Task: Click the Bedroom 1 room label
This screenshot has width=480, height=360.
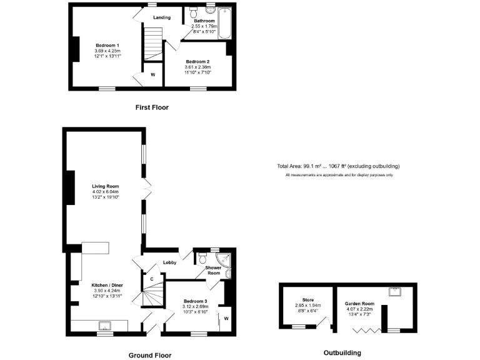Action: (x=107, y=45)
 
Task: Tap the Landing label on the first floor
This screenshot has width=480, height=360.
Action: (x=162, y=17)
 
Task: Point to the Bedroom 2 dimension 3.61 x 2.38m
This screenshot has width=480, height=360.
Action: (x=197, y=67)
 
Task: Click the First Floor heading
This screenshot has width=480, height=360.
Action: (x=152, y=107)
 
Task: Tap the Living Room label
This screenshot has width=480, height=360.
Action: (x=106, y=186)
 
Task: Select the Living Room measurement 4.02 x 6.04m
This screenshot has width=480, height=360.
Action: (x=106, y=191)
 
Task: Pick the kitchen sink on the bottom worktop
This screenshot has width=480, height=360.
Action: (x=104, y=325)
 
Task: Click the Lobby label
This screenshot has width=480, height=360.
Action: (x=169, y=262)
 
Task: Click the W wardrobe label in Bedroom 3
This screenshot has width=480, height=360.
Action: (x=226, y=319)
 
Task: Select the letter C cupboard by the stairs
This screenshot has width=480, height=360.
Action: (x=151, y=279)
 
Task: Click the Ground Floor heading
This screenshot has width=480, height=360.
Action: (x=150, y=355)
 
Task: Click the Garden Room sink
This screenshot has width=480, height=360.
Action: (x=396, y=291)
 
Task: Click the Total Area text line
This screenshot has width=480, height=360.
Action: (x=338, y=166)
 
